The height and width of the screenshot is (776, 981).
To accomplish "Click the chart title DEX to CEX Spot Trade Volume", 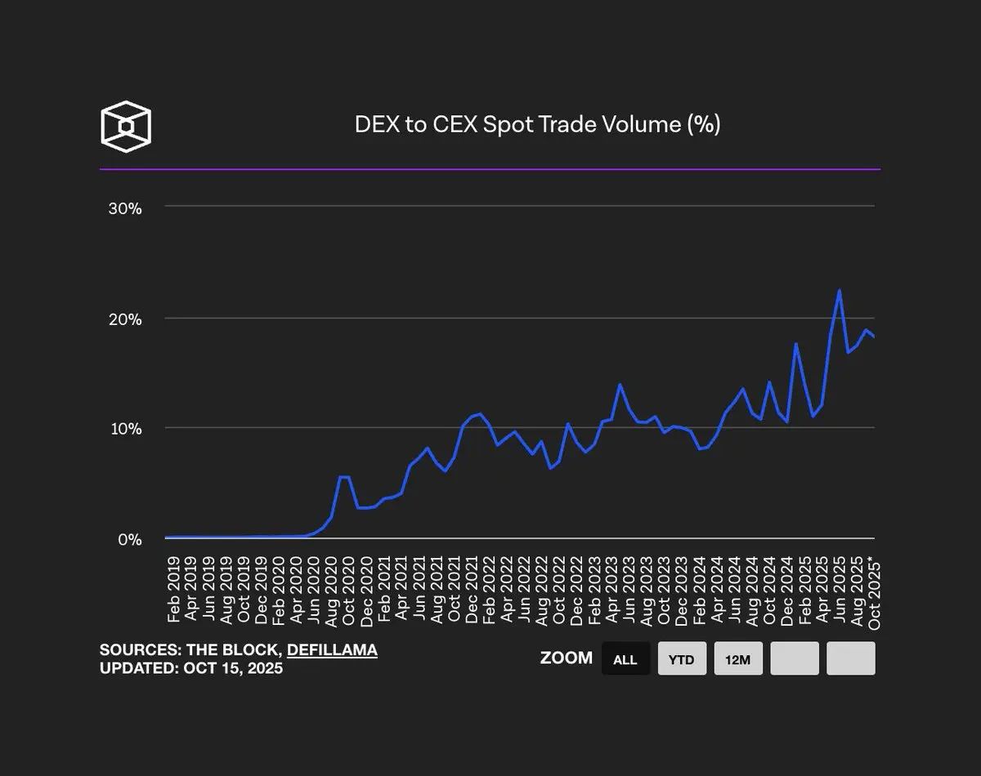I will pyautogui.click(x=537, y=124).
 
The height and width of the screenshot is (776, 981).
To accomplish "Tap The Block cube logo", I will pyautogui.click(x=125, y=127).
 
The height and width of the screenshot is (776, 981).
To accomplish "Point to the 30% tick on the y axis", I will pyautogui.click(x=125, y=208).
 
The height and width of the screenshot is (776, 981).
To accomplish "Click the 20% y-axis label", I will pyautogui.click(x=125, y=319).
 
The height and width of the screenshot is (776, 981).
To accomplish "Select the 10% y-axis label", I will pyautogui.click(x=125, y=429).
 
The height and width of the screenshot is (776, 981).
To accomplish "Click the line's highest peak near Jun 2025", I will pyautogui.click(x=840, y=290).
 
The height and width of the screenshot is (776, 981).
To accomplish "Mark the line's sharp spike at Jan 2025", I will pyautogui.click(x=795, y=343).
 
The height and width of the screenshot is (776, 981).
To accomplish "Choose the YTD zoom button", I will pyautogui.click(x=681, y=658).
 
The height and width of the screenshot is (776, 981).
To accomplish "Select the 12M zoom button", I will pyautogui.click(x=738, y=658).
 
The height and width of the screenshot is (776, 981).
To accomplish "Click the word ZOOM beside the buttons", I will pyautogui.click(x=567, y=658).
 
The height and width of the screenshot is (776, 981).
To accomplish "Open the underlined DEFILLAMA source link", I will pyautogui.click(x=332, y=650).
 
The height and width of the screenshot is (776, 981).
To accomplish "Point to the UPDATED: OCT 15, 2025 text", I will pyautogui.click(x=191, y=668).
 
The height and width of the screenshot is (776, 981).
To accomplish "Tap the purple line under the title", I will pyautogui.click(x=490, y=169).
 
